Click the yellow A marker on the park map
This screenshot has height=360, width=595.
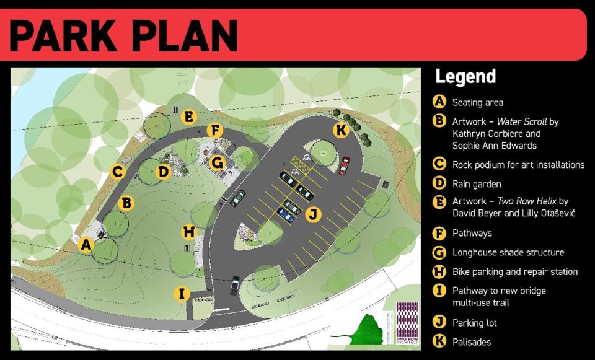pyautogui.click(x=86, y=245)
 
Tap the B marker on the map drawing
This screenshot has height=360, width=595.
pyautogui.click(x=126, y=203)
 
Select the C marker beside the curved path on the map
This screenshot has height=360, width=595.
pyautogui.click(x=118, y=171)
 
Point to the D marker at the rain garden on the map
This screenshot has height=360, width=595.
pyautogui.click(x=163, y=171)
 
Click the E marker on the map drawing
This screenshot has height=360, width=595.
pyautogui.click(x=189, y=116)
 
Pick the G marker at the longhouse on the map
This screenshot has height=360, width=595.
pyautogui.click(x=216, y=162)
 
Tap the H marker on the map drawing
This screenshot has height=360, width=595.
pyautogui.click(x=189, y=232)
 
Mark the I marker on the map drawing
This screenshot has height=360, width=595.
pyautogui.click(x=181, y=294)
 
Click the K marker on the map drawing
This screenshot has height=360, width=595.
pyautogui.click(x=340, y=131)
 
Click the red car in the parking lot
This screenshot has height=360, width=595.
pyautogui.click(x=344, y=166)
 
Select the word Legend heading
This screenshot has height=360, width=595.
pyautogui.click(x=465, y=77)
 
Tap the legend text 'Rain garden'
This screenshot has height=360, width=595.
pyautogui.click(x=476, y=184)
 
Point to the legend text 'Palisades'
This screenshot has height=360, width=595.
pyautogui.click(x=472, y=342)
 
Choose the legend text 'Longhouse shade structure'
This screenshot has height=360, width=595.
pyautogui.click(x=508, y=252)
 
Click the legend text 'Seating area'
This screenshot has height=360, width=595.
pyautogui.click(x=477, y=102)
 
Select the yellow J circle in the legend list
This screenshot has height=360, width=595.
pyautogui.click(x=439, y=322)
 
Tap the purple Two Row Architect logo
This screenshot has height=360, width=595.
pyautogui.click(x=407, y=322)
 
